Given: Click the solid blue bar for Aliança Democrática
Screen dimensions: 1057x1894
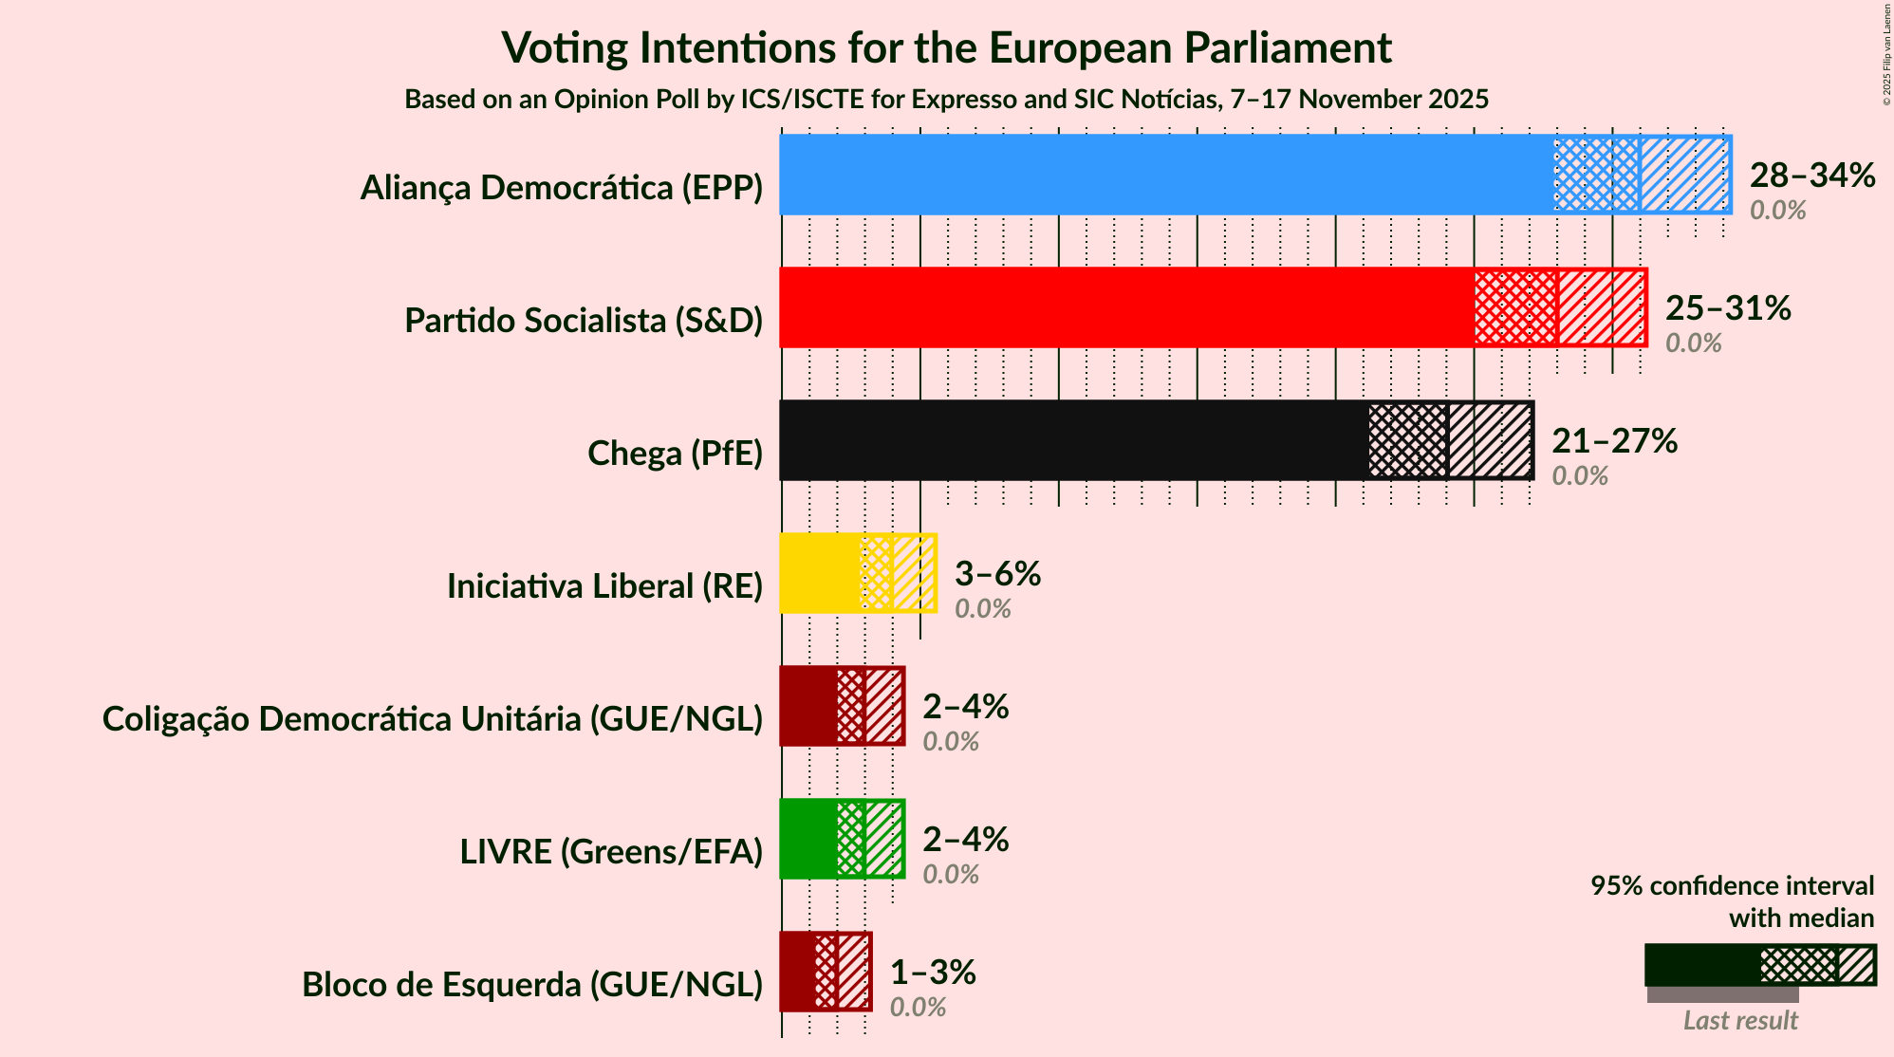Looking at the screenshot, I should pyautogui.click(x=1166, y=175).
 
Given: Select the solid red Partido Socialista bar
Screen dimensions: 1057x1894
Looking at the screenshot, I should pyautogui.click(x=1126, y=307).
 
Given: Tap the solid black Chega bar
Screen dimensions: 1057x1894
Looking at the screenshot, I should pyautogui.click(x=1073, y=440).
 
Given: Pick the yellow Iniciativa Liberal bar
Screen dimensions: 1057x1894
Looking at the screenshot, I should pyautogui.click(x=820, y=573).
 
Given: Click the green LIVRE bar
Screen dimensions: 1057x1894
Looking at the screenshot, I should pyautogui.click(x=808, y=839).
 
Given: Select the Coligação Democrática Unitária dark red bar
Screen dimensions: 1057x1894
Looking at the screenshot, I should pyautogui.click(x=808, y=706).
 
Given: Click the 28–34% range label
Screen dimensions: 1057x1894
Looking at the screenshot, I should pyautogui.click(x=1811, y=175).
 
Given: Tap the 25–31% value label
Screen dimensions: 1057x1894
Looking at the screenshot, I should pyautogui.click(x=1727, y=307).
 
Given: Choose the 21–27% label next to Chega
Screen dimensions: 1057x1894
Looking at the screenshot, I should pyautogui.click(x=1614, y=440).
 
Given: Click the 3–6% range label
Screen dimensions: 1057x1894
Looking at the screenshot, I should pyautogui.click(x=997, y=573).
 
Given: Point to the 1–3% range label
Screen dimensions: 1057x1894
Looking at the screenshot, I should pyautogui.click(x=932, y=972).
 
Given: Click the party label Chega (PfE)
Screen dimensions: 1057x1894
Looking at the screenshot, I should pyautogui.click(x=675, y=454).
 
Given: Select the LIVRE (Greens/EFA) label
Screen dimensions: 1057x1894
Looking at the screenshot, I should pyautogui.click(x=611, y=852).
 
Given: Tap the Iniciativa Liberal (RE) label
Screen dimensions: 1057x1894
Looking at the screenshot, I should pyautogui.click(x=604, y=586).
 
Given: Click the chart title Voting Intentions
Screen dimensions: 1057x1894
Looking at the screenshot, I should pyautogui.click(x=946, y=47).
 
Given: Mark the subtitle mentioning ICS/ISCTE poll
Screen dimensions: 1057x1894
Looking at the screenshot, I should pyautogui.click(x=946, y=99).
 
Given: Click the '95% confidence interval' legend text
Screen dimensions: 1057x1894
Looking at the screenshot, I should pyautogui.click(x=1732, y=885).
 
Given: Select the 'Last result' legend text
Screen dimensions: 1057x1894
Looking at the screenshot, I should pyautogui.click(x=1739, y=1020).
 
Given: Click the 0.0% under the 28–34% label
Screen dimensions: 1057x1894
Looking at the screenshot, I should pyautogui.click(x=1777, y=211).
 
